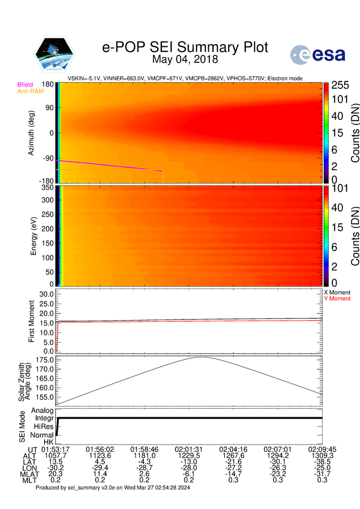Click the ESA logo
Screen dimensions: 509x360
point(315,54)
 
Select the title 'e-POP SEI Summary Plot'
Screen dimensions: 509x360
point(185,47)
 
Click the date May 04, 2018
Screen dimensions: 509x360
point(185,59)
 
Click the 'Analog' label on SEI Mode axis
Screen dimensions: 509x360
point(42,411)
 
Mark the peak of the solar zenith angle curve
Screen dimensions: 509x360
point(200,357)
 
